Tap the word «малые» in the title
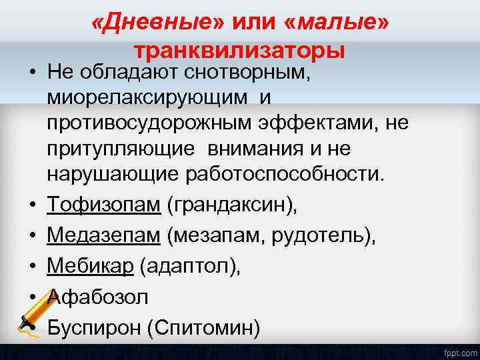click(337, 24)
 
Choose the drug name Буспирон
click(93, 327)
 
